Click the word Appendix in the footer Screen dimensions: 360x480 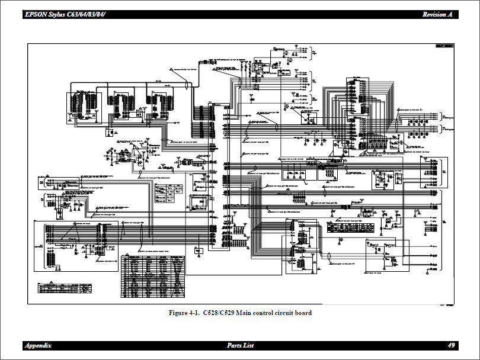tap(37, 345)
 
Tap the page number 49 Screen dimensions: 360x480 tap(452, 345)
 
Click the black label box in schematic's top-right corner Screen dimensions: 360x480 tap(444, 46)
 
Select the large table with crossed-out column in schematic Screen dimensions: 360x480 tap(154, 276)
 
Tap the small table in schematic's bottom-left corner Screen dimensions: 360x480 tap(65, 288)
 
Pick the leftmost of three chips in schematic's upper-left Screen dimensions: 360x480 tap(82, 107)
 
